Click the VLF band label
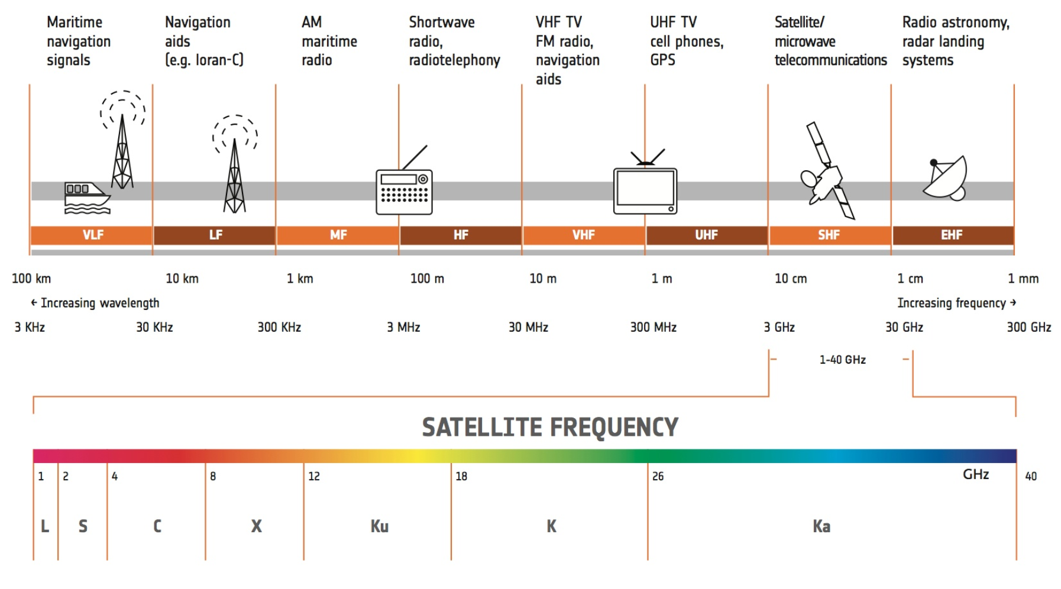coord(93,235)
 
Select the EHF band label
coord(952,235)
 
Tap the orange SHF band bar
coord(829,235)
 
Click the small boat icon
coord(87,198)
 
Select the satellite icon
coord(827,170)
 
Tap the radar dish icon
coord(945,179)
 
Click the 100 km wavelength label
coord(31,279)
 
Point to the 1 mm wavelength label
coord(1023,279)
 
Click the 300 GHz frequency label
coord(1029,327)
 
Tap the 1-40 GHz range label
coord(843,360)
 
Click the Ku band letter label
coord(380,526)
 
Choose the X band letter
coord(256,526)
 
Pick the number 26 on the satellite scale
coord(658,476)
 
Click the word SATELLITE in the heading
coord(482,427)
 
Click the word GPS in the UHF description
coord(663,60)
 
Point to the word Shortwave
coord(442,22)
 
